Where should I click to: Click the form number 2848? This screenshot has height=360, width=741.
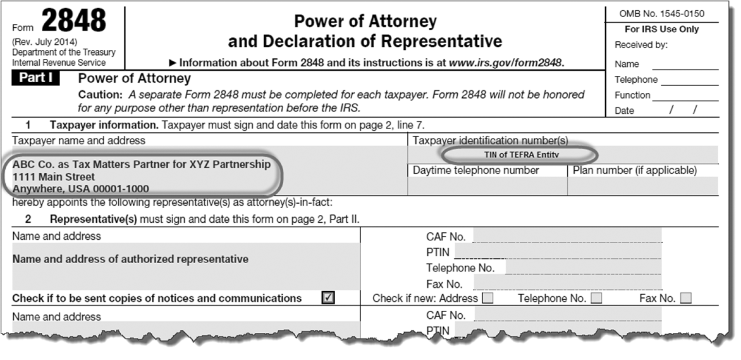[74, 20]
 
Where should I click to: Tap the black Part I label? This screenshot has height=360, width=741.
[36, 78]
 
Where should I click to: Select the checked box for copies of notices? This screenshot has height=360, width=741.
[328, 298]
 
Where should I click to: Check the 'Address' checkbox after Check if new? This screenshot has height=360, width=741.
[488, 298]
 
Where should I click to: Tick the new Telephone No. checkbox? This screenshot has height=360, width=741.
[596, 298]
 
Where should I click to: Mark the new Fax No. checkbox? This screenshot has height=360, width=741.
[686, 298]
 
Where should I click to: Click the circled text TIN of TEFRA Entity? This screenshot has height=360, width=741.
[521, 155]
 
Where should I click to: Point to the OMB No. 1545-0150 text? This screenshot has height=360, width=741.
[661, 14]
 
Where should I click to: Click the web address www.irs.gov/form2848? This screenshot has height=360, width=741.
[505, 63]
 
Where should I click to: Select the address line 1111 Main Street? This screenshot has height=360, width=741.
[53, 177]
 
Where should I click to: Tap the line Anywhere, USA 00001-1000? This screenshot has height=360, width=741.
[80, 189]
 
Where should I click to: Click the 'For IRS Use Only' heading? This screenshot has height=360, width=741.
[661, 29]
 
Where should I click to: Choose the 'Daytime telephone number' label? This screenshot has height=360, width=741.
[476, 170]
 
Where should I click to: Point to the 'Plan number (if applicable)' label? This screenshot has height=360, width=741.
[634, 170]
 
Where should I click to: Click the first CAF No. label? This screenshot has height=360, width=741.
[446, 237]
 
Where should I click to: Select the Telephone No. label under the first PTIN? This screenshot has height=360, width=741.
[460, 268]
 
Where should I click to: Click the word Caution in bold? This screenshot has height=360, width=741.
[100, 94]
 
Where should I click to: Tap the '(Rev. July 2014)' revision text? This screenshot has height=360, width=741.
[44, 42]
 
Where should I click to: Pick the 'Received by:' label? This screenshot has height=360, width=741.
[641, 45]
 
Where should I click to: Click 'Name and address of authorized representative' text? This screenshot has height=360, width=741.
[130, 259]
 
